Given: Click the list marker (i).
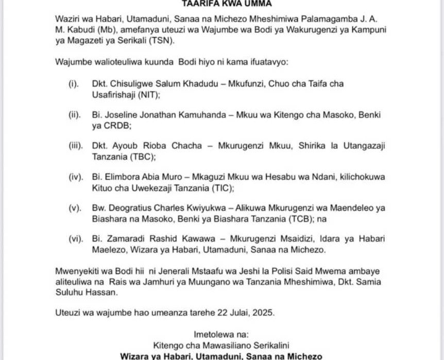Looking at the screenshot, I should click(73, 83).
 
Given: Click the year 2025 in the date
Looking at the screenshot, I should click(263, 312).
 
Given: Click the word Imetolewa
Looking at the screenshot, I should click(212, 333).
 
